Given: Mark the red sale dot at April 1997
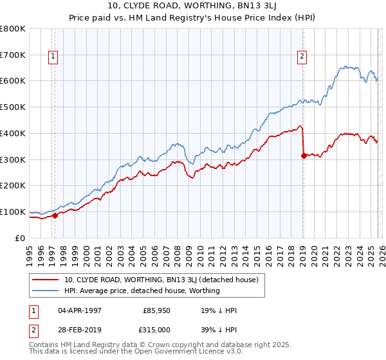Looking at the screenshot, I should pos(55,215).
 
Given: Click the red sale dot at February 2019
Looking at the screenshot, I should pos(303,155).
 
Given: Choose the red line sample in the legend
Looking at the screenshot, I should pos(45,280).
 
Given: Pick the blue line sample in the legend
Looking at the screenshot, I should pos(45,291).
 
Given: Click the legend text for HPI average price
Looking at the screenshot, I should pos(142,291).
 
